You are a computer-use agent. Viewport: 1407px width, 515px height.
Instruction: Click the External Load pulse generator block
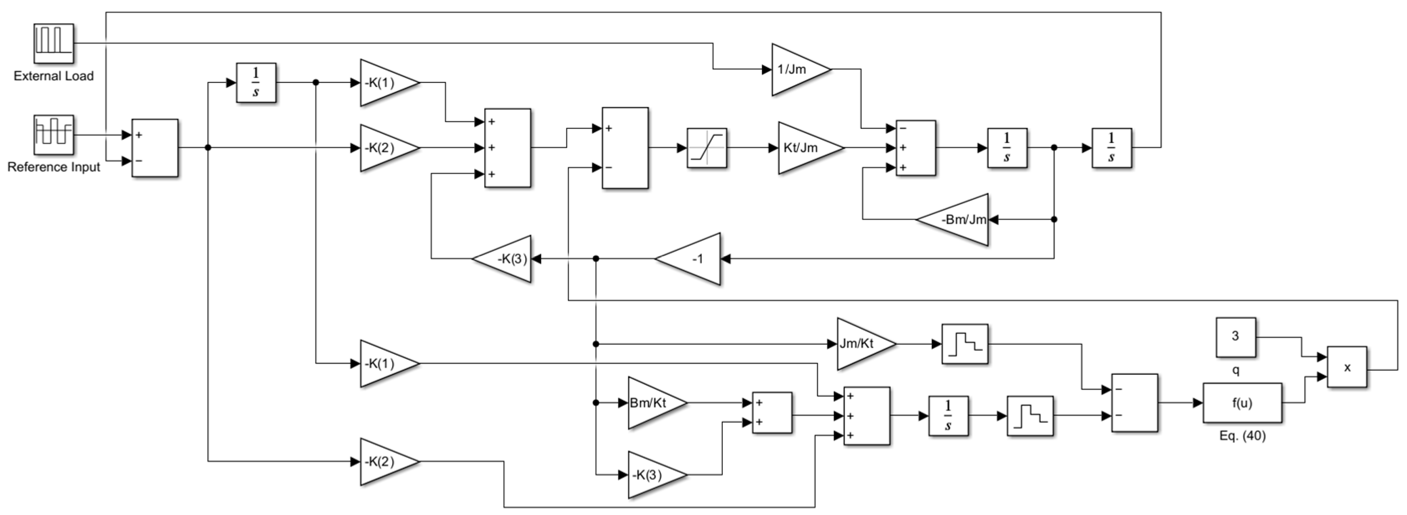(54, 43)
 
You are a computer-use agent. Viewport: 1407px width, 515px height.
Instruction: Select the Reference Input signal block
(54, 134)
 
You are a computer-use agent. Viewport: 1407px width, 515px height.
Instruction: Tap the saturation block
(707, 147)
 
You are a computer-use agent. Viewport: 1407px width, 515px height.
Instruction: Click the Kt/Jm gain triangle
(806, 147)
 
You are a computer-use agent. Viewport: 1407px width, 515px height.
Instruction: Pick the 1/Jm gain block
(796, 69)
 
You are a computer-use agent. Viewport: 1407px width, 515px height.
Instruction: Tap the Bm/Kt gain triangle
(653, 403)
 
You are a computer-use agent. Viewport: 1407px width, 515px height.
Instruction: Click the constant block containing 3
(1236, 336)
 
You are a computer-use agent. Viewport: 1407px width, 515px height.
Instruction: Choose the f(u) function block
(1242, 403)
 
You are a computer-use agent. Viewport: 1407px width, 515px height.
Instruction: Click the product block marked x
(1347, 367)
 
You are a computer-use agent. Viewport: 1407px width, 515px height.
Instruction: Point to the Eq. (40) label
(1242, 436)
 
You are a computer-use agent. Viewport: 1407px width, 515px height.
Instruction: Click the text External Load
(54, 76)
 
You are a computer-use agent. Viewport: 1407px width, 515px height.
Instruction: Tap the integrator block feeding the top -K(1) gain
(256, 82)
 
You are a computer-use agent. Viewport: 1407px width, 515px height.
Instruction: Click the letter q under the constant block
(1236, 370)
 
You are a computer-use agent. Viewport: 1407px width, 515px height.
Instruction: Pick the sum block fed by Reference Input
(155, 147)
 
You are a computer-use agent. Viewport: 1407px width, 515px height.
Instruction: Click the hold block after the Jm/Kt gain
(964, 344)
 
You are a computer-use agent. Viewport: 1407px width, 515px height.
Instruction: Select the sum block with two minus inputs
(1134, 402)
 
